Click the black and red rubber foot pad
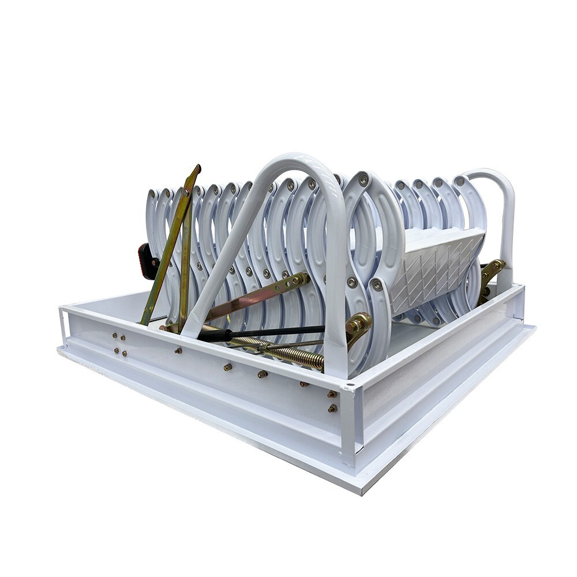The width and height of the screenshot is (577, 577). tap(147, 261)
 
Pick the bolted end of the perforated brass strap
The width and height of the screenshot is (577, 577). tap(300, 279)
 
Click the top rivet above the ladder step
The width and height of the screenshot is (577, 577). tap(364, 179)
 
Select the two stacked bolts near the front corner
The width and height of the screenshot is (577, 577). tap(332, 401)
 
